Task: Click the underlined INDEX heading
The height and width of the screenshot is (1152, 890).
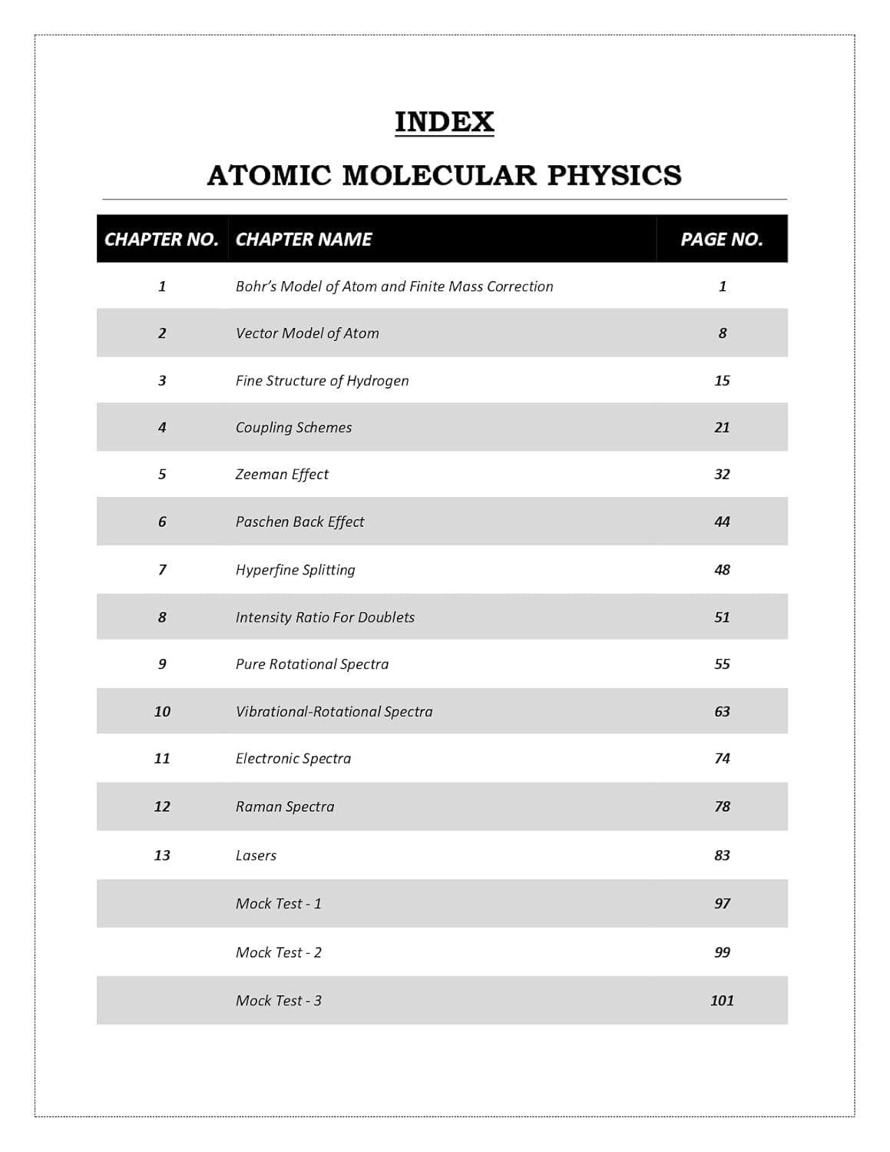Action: (x=444, y=122)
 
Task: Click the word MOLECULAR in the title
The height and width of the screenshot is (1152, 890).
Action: (x=438, y=175)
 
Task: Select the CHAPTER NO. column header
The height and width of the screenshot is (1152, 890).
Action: (x=161, y=240)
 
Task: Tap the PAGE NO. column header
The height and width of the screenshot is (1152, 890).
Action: (x=721, y=240)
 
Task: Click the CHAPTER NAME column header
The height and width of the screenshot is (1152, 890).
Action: (x=303, y=240)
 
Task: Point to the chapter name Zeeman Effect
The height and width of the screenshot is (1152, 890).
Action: (x=282, y=475)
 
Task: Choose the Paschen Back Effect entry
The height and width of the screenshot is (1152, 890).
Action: (x=299, y=522)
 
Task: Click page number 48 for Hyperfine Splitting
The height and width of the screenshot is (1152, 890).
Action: (x=722, y=570)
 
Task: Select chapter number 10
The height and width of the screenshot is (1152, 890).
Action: (x=162, y=712)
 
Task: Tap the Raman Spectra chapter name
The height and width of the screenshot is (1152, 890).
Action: (x=285, y=807)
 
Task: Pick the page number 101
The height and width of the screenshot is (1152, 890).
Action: (x=722, y=1001)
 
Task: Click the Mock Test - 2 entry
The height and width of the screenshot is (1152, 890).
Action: (x=279, y=953)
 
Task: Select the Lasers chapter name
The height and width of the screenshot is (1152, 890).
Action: (x=256, y=856)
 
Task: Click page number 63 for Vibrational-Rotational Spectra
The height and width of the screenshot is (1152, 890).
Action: (x=722, y=712)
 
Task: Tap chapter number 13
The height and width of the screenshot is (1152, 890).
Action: (x=162, y=856)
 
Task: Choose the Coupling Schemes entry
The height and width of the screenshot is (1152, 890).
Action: (x=293, y=428)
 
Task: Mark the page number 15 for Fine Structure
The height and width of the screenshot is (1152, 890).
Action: (x=722, y=381)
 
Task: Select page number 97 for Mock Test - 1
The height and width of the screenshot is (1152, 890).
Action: (x=722, y=904)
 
